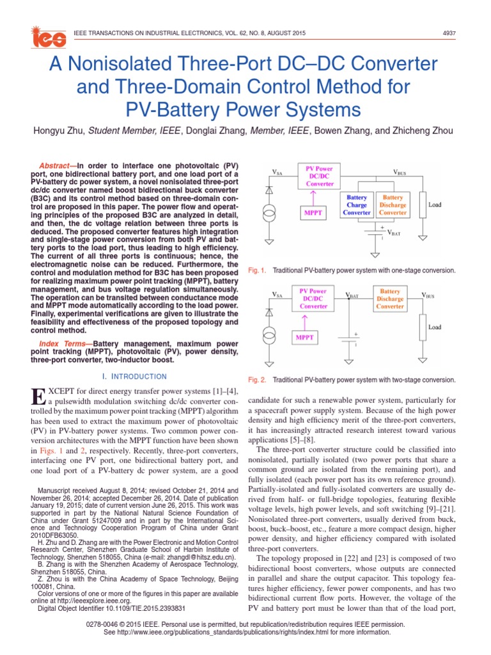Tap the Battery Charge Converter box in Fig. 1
[x=357, y=205]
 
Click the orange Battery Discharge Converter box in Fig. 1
[x=393, y=205]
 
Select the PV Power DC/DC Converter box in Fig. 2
[x=313, y=299]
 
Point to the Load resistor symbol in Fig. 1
[x=423, y=205]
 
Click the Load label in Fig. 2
[x=435, y=327]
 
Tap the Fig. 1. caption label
[x=256, y=271]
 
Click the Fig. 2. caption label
[x=256, y=379]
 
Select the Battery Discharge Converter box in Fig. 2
[x=390, y=299]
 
